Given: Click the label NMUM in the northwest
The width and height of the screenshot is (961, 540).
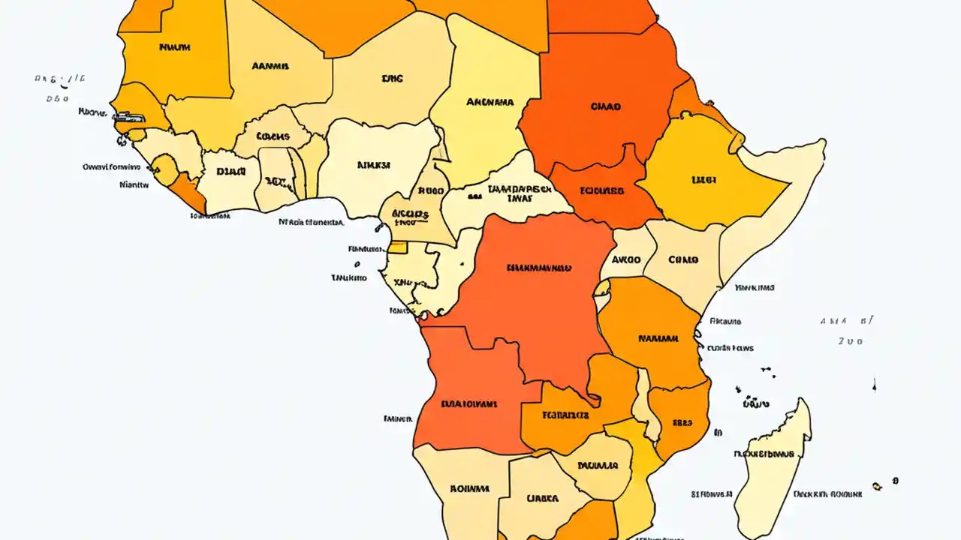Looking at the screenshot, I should tap(175, 46).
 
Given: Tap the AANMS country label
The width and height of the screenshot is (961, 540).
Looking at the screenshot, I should tap(270, 65).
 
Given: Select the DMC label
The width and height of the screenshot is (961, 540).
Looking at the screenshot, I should tap(392, 76).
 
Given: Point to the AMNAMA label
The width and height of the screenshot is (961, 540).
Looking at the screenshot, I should tap(490, 101).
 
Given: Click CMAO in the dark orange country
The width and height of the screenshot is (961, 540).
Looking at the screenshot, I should tap(606, 106).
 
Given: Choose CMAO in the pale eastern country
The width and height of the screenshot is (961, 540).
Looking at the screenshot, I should tap(682, 259).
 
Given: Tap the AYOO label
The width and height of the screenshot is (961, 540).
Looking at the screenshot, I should tap(626, 259).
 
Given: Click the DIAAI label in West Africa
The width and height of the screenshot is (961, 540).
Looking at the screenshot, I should tap(230, 171).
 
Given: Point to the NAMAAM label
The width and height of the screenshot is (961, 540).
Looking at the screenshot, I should tap(658, 338).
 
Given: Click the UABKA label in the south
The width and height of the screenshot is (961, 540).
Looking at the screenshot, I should tap(542, 497).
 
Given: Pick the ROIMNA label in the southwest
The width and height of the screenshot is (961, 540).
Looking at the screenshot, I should tap(469, 488).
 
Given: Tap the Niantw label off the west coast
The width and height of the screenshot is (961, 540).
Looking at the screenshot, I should tap(134, 182).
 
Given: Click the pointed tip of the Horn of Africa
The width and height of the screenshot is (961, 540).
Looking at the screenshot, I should tap(824, 142).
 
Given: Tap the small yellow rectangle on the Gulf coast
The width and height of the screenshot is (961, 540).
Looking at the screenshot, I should tap(397, 247).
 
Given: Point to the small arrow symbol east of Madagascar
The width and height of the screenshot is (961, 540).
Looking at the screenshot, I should tap(875, 385).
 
